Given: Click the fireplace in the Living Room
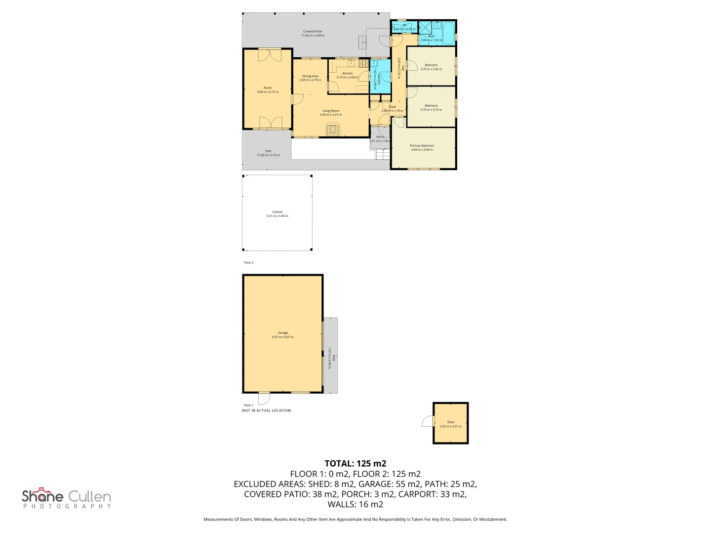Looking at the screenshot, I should click(334, 130).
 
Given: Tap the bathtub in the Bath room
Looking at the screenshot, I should click(448, 33).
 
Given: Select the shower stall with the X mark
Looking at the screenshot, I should click(425, 27).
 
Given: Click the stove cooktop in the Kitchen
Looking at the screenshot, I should click(364, 63).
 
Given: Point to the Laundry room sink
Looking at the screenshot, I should click(374, 64).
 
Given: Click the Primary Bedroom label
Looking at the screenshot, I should click(422, 146).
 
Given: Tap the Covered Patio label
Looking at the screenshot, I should click(313, 32).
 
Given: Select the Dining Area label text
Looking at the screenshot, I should click(310, 76).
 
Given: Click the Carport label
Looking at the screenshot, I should click(277, 212).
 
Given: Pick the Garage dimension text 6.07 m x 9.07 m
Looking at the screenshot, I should click(282, 337).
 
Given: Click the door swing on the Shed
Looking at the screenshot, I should click(428, 421).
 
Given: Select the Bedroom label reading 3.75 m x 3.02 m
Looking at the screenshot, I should click(431, 67).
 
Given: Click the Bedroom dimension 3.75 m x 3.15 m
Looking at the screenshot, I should click(431, 110).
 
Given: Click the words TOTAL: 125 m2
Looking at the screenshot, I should click(355, 463).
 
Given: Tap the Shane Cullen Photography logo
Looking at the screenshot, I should click(67, 498).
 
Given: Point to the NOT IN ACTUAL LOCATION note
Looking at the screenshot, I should click(266, 410).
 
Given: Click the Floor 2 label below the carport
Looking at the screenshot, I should click(248, 263).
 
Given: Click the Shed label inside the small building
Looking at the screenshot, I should click(450, 422).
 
